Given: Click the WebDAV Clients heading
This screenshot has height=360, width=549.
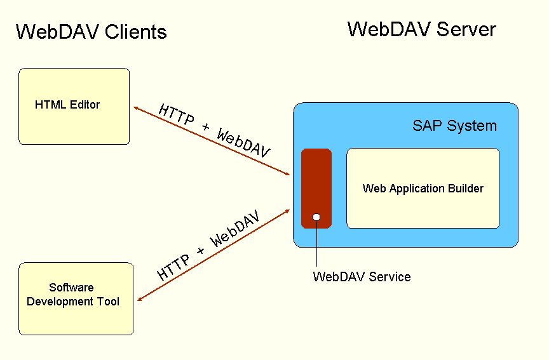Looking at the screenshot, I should tap(91, 32).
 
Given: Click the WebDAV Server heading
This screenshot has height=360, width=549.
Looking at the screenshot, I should tap(421, 29).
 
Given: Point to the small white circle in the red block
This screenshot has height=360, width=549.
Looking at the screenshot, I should tap(316, 218).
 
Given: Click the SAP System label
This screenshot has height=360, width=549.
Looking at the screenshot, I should tap(454, 126).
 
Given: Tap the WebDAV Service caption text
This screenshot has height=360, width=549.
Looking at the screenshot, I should tap(362, 277).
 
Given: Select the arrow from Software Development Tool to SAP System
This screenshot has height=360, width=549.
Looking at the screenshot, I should tap(213, 255).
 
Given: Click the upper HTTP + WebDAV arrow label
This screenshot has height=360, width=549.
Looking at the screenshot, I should tap(214, 130).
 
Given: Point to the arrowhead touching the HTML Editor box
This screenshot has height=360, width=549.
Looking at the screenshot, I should tap(136, 109).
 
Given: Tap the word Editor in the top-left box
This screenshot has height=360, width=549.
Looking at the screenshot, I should tap(85, 105).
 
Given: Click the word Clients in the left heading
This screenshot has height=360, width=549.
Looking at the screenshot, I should tap(134, 32).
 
